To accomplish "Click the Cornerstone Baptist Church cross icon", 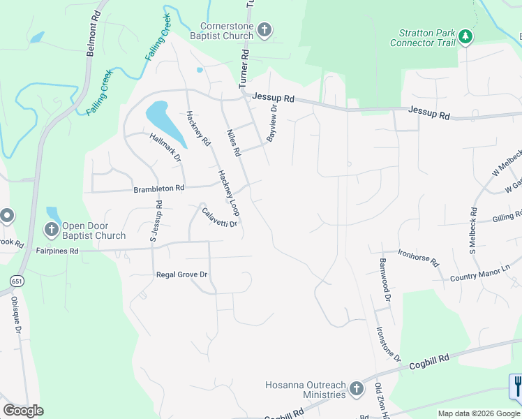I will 264,29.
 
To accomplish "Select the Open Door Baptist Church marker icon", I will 52,228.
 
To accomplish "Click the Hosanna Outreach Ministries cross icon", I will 356,388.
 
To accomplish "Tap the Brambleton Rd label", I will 159,189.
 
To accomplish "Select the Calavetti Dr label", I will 219,217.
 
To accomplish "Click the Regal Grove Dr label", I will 182,275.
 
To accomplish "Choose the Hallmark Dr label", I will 165,148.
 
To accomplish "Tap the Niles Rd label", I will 234,142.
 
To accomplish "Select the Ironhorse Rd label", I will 418,258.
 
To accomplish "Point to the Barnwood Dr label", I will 385,279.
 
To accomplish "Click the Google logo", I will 23,411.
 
